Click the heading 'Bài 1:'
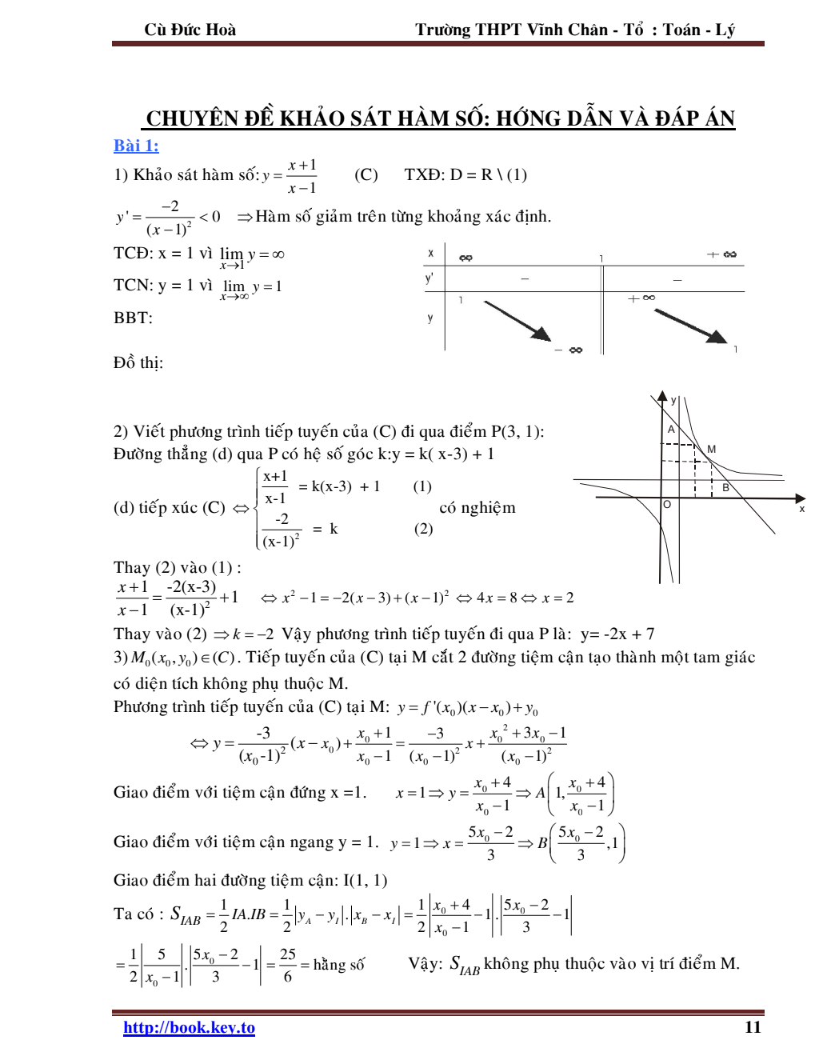(x=136, y=146)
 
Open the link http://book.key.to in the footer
(x=189, y=1027)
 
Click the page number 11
(x=753, y=1027)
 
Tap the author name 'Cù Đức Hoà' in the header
(x=190, y=30)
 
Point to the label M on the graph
(x=711, y=450)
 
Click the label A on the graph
(x=671, y=430)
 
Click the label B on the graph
(x=726, y=487)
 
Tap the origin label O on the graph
(x=667, y=505)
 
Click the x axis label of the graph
(x=802, y=508)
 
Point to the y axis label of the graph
(x=673, y=400)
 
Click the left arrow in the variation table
(x=517, y=321)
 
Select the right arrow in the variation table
(x=690, y=326)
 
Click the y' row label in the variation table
(x=429, y=278)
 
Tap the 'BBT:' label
(x=133, y=318)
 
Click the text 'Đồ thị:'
(x=138, y=362)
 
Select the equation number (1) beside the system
(x=422, y=486)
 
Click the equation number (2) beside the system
(x=423, y=529)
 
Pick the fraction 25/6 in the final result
(x=288, y=965)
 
